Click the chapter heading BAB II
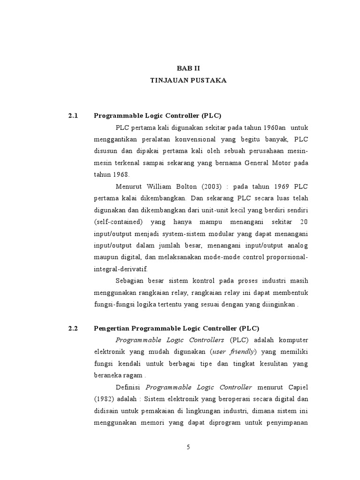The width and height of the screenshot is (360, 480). click(188, 68)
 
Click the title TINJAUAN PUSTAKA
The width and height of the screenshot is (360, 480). click(188, 81)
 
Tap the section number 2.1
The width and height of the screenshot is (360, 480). click(73, 116)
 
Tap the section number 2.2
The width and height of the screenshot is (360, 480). click(73, 329)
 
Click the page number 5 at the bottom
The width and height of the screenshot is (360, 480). click(188, 447)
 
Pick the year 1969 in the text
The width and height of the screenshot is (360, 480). click(272, 187)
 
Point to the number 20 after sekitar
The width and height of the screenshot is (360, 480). click(304, 222)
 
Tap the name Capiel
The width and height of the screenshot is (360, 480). click(297, 387)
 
